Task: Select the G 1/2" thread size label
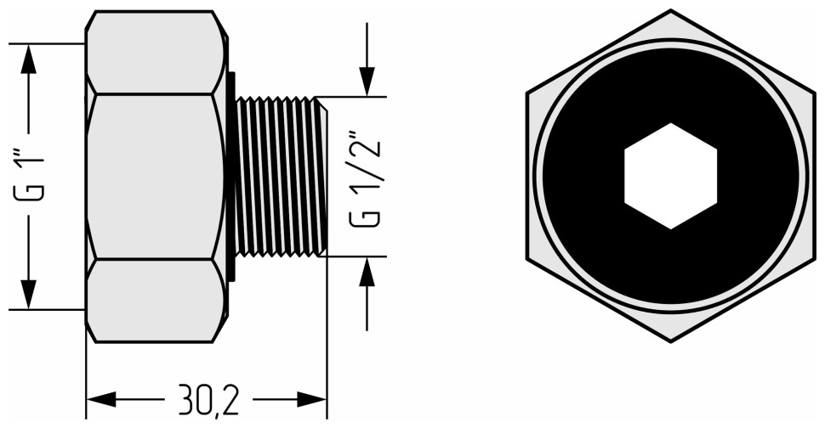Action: (366, 177)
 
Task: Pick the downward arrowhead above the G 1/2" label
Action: (367, 82)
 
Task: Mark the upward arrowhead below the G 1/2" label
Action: (367, 271)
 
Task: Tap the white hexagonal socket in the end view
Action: (670, 176)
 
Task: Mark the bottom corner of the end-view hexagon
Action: (671, 340)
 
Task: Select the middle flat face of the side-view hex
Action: (153, 176)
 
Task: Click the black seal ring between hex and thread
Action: (230, 176)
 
